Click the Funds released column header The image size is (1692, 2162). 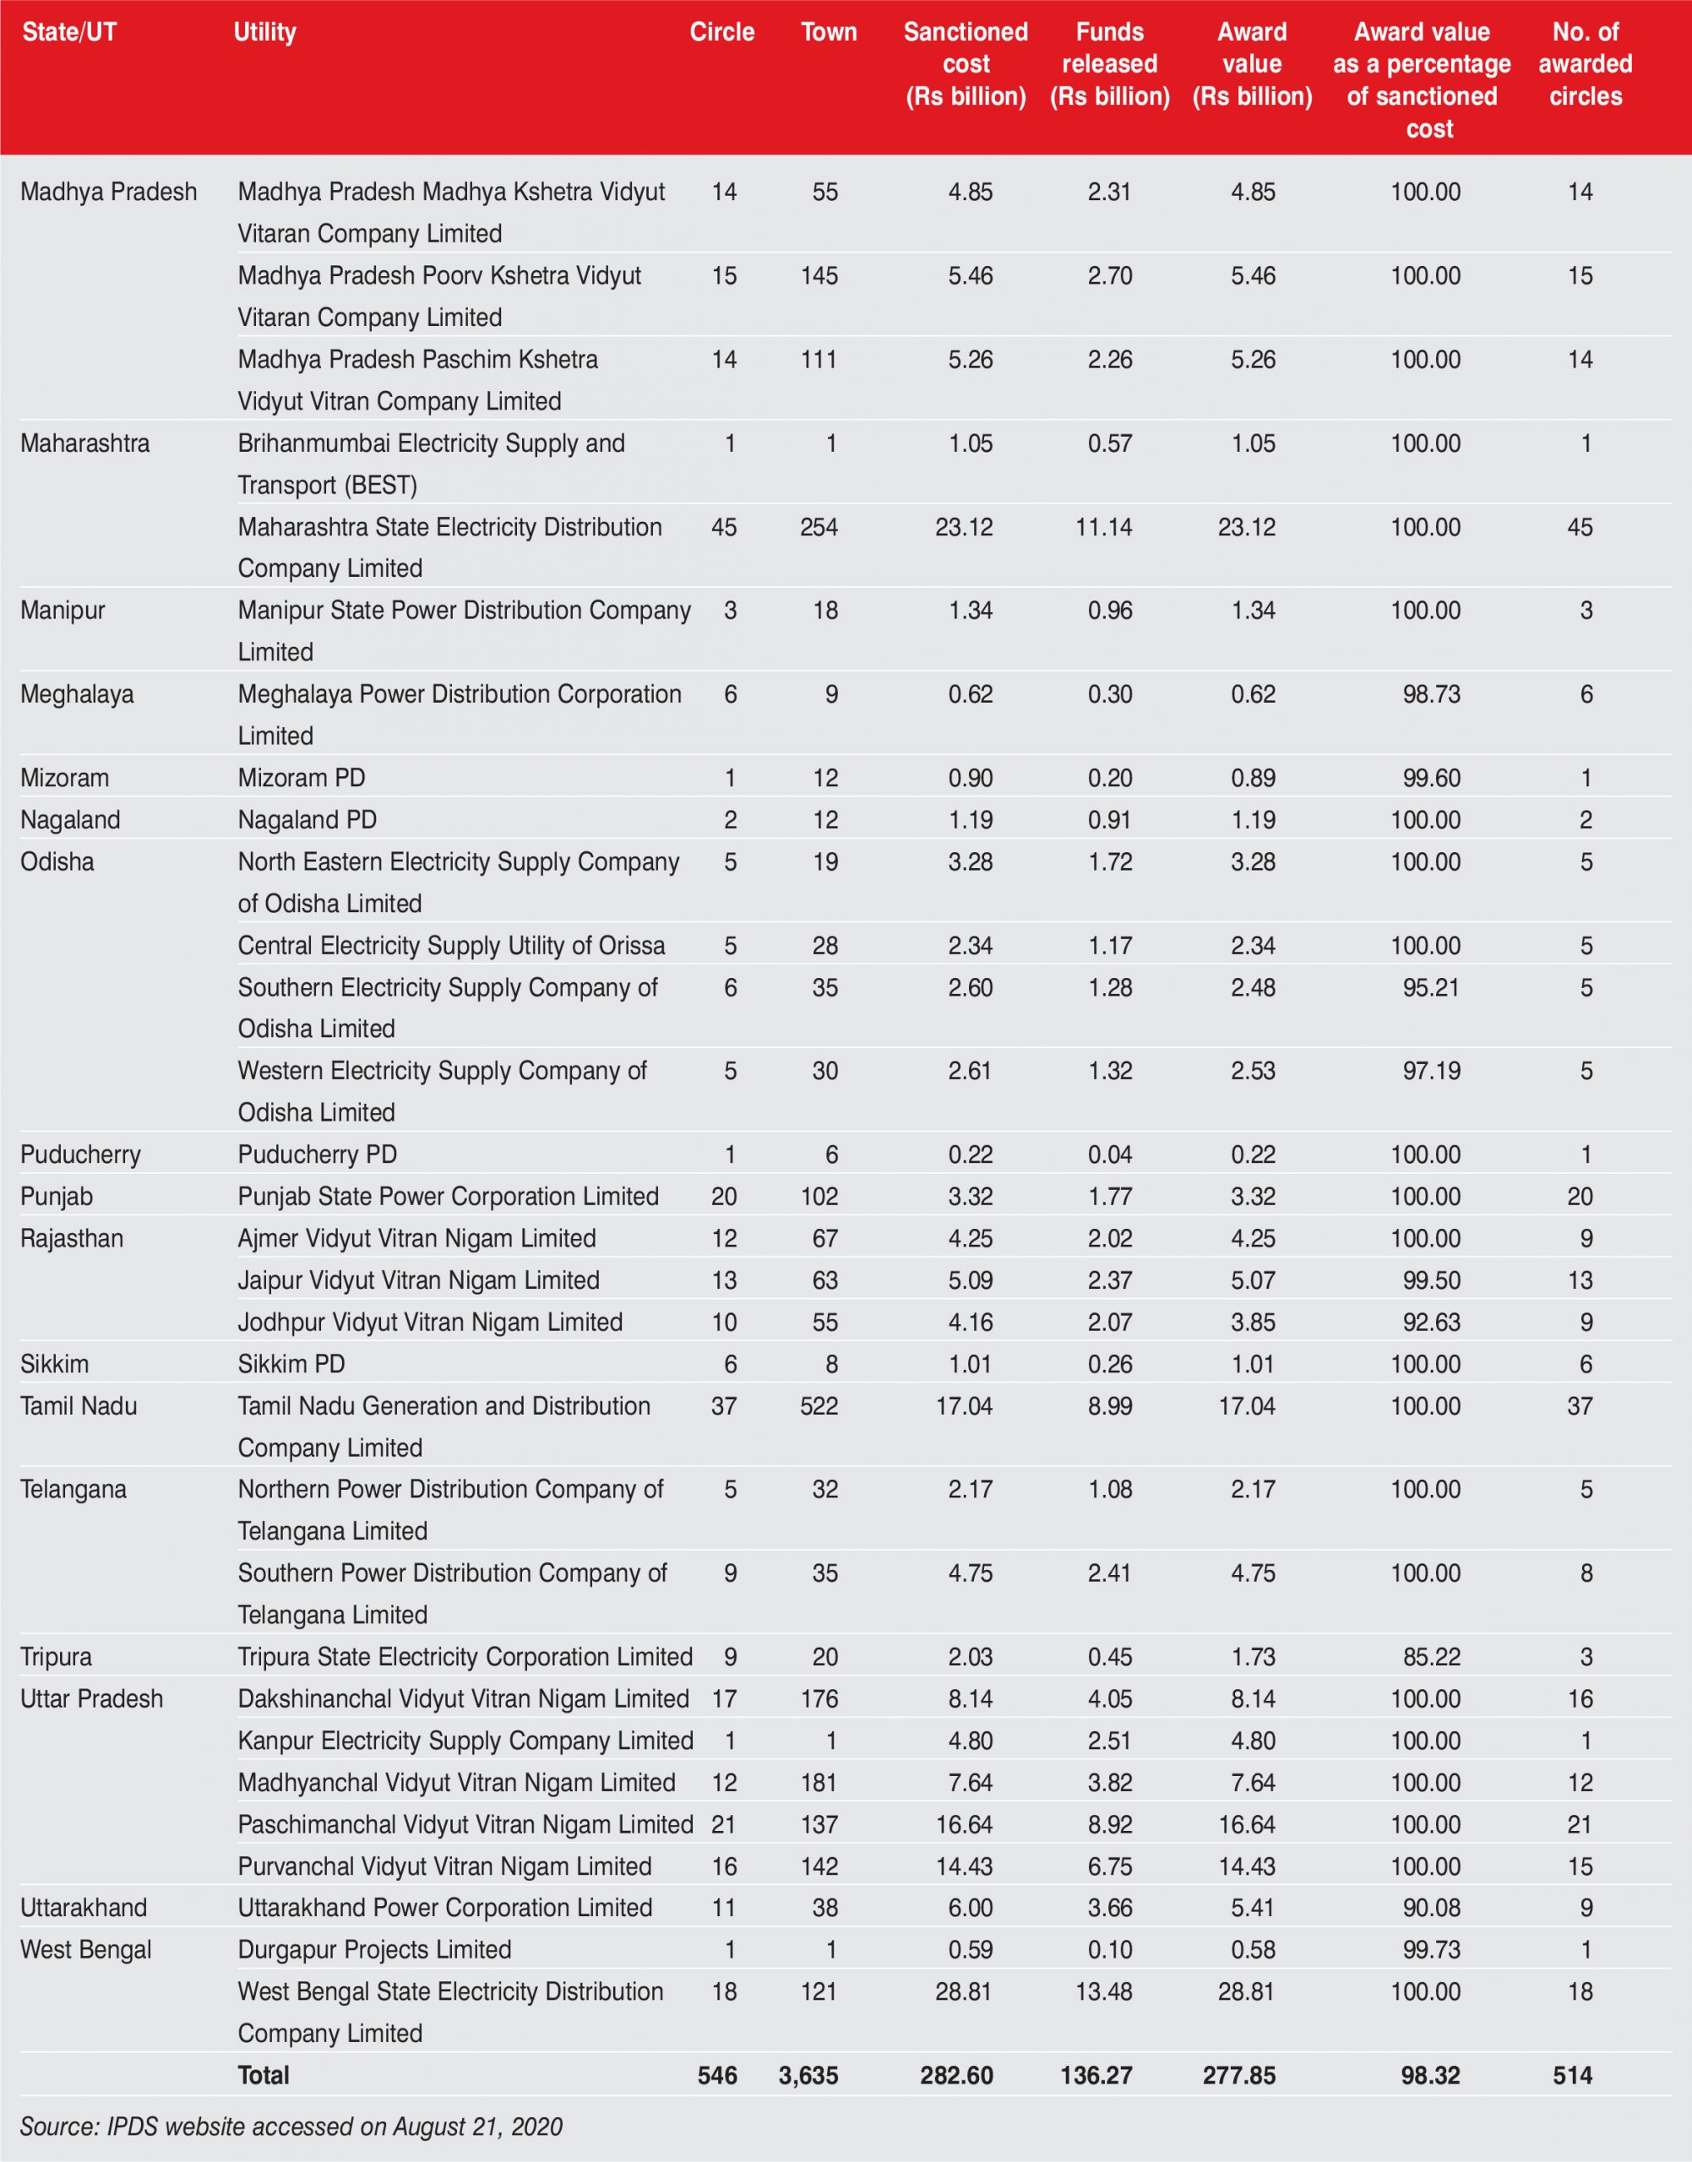click(1109, 64)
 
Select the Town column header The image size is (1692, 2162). click(828, 33)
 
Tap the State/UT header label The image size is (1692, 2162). click(69, 33)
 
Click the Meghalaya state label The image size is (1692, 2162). click(77, 694)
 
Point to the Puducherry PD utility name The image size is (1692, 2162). click(317, 1154)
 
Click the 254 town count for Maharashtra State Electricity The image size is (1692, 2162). click(819, 527)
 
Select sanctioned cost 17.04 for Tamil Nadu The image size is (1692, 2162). click(964, 1406)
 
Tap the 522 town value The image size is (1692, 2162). click(819, 1406)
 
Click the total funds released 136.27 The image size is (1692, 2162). click(1096, 2076)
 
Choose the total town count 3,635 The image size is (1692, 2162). click(808, 2076)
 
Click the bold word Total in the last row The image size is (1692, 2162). click(264, 2076)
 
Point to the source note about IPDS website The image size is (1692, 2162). click(291, 2127)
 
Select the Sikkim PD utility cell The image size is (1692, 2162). click(291, 1365)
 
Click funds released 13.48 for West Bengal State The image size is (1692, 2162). click(1103, 1991)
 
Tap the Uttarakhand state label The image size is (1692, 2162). click(84, 1908)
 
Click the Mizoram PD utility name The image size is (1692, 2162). click(302, 779)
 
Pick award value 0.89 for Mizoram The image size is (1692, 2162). click(1253, 779)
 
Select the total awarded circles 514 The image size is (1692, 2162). click(1572, 2076)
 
